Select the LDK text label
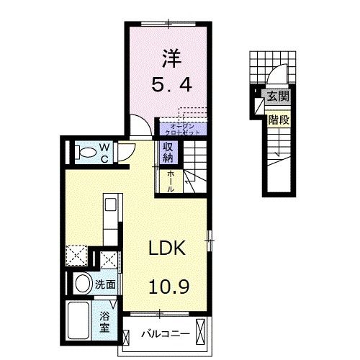pos(168,249)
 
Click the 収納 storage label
pos(167,152)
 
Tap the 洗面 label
pos(106,284)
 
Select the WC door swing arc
pos(127,151)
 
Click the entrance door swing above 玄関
pos(276,78)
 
